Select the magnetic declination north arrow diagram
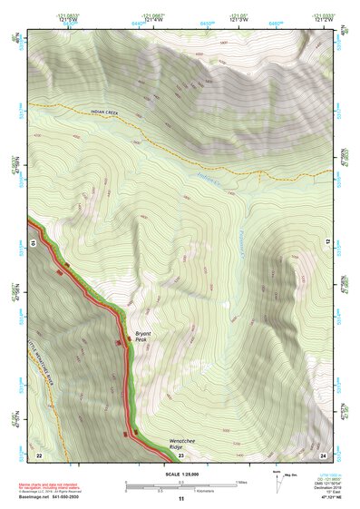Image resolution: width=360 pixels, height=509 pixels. point(277,478)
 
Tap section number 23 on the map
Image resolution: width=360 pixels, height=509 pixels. point(180,455)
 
